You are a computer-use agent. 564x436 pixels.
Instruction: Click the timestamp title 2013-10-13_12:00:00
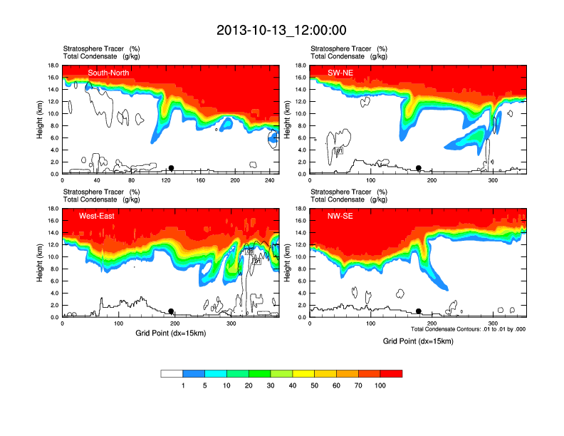pos(281,30)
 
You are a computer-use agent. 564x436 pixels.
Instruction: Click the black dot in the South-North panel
pos(171,168)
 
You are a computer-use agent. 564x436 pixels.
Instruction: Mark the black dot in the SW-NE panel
pos(419,168)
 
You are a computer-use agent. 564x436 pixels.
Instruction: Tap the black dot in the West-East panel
pos(171,311)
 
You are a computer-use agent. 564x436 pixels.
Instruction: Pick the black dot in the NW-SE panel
pos(419,311)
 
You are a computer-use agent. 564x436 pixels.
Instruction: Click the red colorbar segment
pos(391,373)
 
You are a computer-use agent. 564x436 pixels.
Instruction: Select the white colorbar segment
pos(172,373)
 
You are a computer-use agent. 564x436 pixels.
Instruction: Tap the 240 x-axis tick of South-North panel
pos(269,181)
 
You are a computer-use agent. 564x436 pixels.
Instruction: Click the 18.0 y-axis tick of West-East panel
pos(53,209)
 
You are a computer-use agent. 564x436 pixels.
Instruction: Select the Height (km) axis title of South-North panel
pos(41,120)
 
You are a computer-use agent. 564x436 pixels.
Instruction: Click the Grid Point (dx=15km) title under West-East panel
pos(170,333)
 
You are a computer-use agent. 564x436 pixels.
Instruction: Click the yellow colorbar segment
pos(325,373)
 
